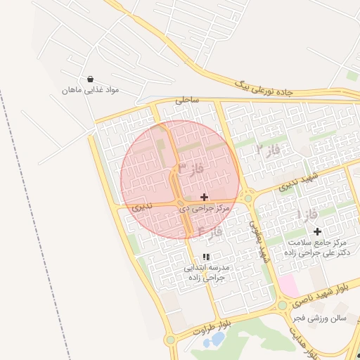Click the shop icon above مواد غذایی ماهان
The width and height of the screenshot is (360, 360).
[x=90, y=79]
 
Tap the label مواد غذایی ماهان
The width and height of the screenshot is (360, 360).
[x=91, y=90]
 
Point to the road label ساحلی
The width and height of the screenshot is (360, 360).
[x=187, y=100]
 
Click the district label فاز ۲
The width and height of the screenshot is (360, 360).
[x=268, y=150]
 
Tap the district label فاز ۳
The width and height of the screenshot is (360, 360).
[x=191, y=169]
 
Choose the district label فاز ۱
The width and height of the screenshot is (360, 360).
[x=307, y=213]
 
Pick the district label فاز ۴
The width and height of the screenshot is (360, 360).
[x=210, y=231]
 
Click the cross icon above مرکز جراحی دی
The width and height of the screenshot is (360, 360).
[x=205, y=197]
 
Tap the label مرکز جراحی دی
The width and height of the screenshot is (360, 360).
[x=205, y=208]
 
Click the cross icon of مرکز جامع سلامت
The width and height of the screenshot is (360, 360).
[x=317, y=231]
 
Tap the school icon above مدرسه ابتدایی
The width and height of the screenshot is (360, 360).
[x=206, y=257]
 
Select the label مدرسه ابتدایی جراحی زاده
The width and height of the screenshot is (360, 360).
[x=206, y=273]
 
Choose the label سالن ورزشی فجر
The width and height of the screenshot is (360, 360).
[x=321, y=318]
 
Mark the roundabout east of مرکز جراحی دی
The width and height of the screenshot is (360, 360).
[x=247, y=198]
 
